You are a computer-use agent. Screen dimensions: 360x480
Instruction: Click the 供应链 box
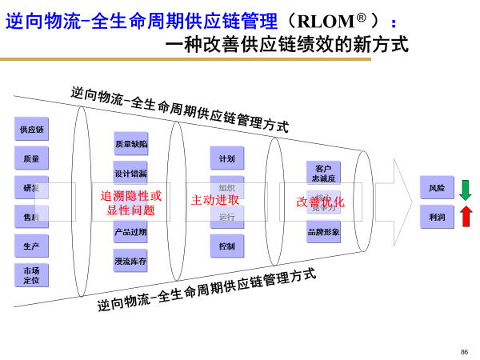click(x=31, y=129)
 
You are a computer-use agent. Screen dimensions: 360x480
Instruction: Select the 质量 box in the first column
click(x=31, y=158)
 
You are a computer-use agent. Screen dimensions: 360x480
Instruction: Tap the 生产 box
click(x=31, y=246)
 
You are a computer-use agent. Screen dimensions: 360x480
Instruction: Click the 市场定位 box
click(x=31, y=275)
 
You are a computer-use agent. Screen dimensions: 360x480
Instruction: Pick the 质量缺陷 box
click(x=130, y=144)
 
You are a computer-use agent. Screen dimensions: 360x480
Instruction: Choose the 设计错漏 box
click(x=130, y=174)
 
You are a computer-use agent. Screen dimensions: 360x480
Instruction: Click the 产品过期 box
click(x=130, y=232)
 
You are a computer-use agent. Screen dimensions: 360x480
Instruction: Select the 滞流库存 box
click(x=130, y=261)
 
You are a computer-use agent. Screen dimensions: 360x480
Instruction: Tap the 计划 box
click(x=227, y=158)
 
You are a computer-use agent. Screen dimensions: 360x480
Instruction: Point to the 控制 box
click(x=227, y=246)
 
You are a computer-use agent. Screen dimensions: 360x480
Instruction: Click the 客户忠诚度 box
click(x=323, y=173)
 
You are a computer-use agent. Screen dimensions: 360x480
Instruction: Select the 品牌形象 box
click(x=323, y=232)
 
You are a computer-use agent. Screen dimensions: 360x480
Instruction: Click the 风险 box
click(x=437, y=188)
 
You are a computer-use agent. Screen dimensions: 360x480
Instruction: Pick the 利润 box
click(x=437, y=217)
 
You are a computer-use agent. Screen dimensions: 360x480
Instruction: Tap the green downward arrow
click(x=466, y=190)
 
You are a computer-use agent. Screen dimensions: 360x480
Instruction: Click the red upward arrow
click(x=466, y=216)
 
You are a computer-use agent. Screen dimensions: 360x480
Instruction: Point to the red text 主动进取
click(x=215, y=200)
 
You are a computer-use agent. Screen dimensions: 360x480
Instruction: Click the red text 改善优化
click(x=320, y=202)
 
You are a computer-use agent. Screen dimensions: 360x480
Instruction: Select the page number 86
click(x=464, y=352)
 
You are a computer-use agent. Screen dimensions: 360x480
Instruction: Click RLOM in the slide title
click(x=326, y=22)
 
